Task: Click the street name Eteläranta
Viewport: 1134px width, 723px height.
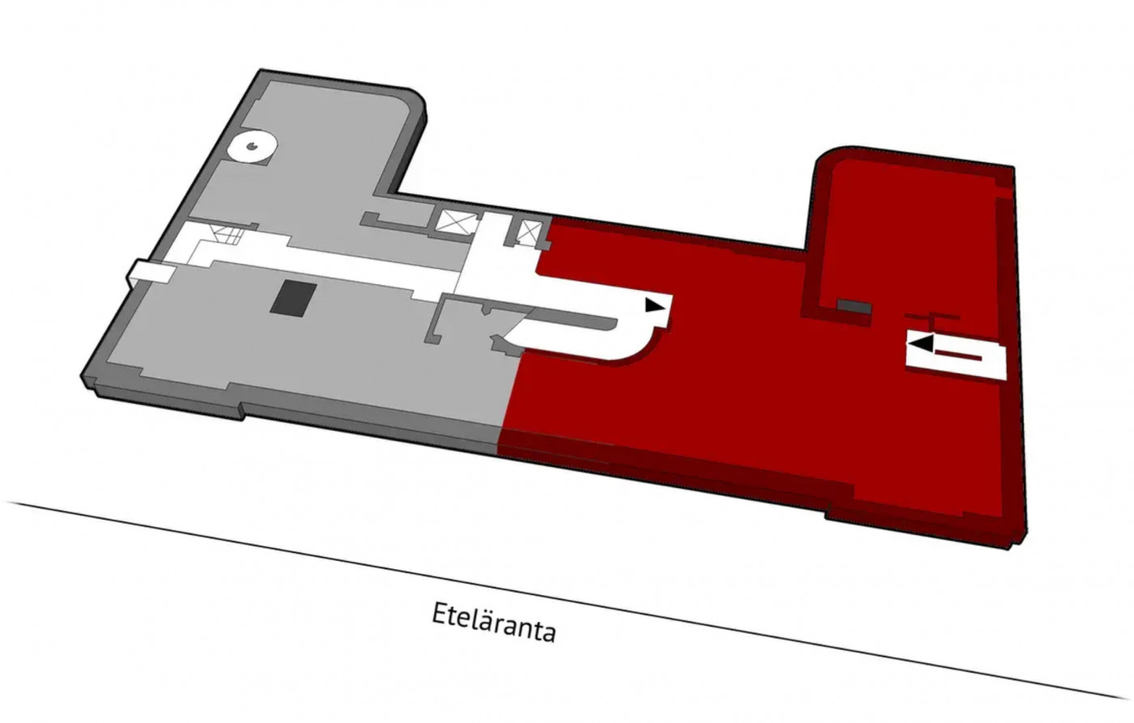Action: [x=493, y=622]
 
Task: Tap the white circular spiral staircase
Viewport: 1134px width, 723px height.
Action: [x=253, y=147]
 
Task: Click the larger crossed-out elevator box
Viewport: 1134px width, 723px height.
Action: [x=457, y=223]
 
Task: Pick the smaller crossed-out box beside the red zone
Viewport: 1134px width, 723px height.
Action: [x=530, y=232]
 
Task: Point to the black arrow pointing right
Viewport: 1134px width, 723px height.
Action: [x=655, y=304]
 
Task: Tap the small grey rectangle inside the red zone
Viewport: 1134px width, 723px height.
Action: [x=854, y=307]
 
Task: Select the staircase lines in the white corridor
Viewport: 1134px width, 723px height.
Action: [x=227, y=235]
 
